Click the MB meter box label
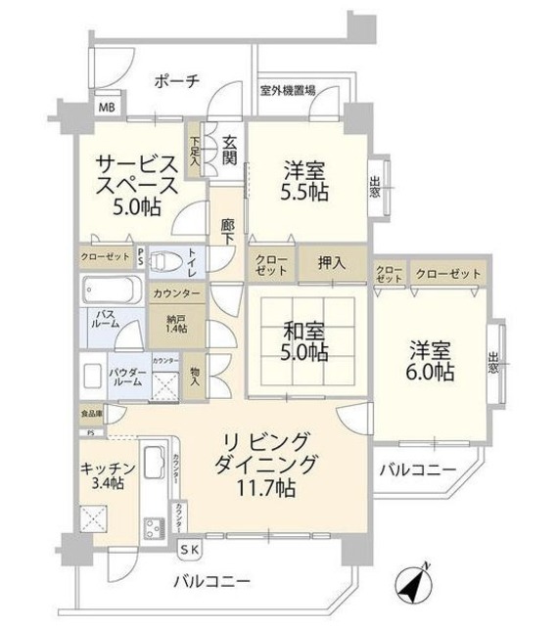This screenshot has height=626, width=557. tap(105, 109)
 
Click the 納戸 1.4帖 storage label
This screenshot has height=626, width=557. tap(176, 323)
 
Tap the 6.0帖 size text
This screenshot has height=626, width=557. tap(430, 373)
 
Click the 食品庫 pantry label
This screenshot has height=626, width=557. tap(90, 416)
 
